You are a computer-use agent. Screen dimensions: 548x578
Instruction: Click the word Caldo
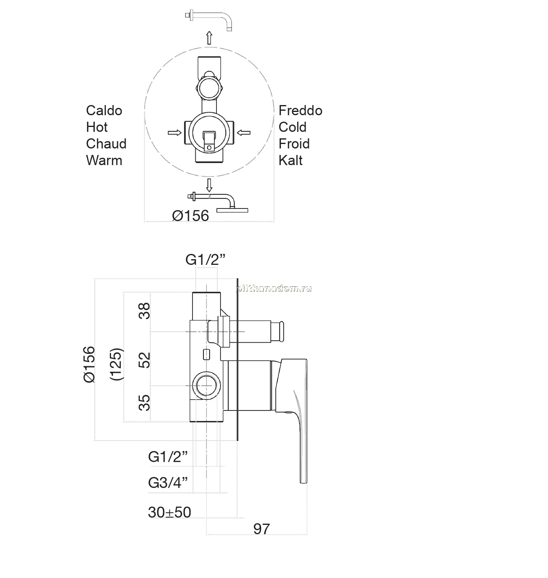tap(104, 111)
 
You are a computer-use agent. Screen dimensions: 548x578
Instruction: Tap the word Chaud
tap(106, 144)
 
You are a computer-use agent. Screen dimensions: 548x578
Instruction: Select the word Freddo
tap(300, 111)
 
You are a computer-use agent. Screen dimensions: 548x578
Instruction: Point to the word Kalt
tap(290, 160)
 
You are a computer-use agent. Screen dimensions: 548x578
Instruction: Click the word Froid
tap(294, 144)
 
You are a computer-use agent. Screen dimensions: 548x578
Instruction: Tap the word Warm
tap(104, 160)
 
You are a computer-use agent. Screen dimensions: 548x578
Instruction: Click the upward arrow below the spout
tap(209, 38)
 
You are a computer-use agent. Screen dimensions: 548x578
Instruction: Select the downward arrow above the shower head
tap(209, 185)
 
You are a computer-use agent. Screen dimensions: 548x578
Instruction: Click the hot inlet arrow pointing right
tap(175, 133)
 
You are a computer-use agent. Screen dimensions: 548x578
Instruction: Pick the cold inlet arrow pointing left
tap(244, 133)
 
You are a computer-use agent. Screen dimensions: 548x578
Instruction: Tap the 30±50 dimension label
tap(169, 512)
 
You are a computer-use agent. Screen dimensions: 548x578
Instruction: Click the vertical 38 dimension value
tap(144, 311)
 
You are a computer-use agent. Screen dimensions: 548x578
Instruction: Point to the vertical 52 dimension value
tap(144, 360)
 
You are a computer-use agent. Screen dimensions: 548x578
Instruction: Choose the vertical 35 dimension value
tap(144, 402)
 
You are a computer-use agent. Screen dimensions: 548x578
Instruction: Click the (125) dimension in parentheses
tap(116, 364)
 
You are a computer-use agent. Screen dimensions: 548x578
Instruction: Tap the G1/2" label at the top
tap(205, 260)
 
